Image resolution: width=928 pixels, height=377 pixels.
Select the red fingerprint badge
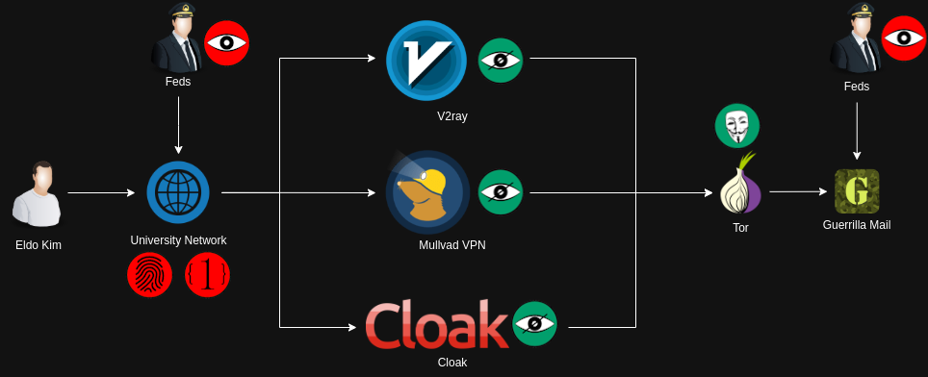[x=150, y=275]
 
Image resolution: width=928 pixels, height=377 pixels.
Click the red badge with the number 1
[x=207, y=275]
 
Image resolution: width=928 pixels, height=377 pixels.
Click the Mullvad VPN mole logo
[x=427, y=192]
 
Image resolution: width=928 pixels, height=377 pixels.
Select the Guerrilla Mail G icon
[x=857, y=191]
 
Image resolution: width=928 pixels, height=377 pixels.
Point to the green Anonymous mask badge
[x=737, y=125]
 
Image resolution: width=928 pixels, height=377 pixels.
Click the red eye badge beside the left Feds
[x=226, y=43]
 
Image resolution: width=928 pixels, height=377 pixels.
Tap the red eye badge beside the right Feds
[x=904, y=39]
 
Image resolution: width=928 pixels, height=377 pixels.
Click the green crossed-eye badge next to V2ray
[x=501, y=61]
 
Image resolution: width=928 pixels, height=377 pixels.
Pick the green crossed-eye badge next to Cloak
[x=534, y=324]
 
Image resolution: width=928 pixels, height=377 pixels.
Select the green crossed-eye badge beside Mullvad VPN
[x=501, y=192]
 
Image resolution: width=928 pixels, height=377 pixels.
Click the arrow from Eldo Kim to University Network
[x=102, y=192]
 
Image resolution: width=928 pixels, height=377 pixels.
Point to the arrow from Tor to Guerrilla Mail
[x=798, y=191]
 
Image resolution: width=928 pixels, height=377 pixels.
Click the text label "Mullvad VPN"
[x=452, y=244]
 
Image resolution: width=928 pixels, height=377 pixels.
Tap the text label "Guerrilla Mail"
[x=857, y=225]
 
